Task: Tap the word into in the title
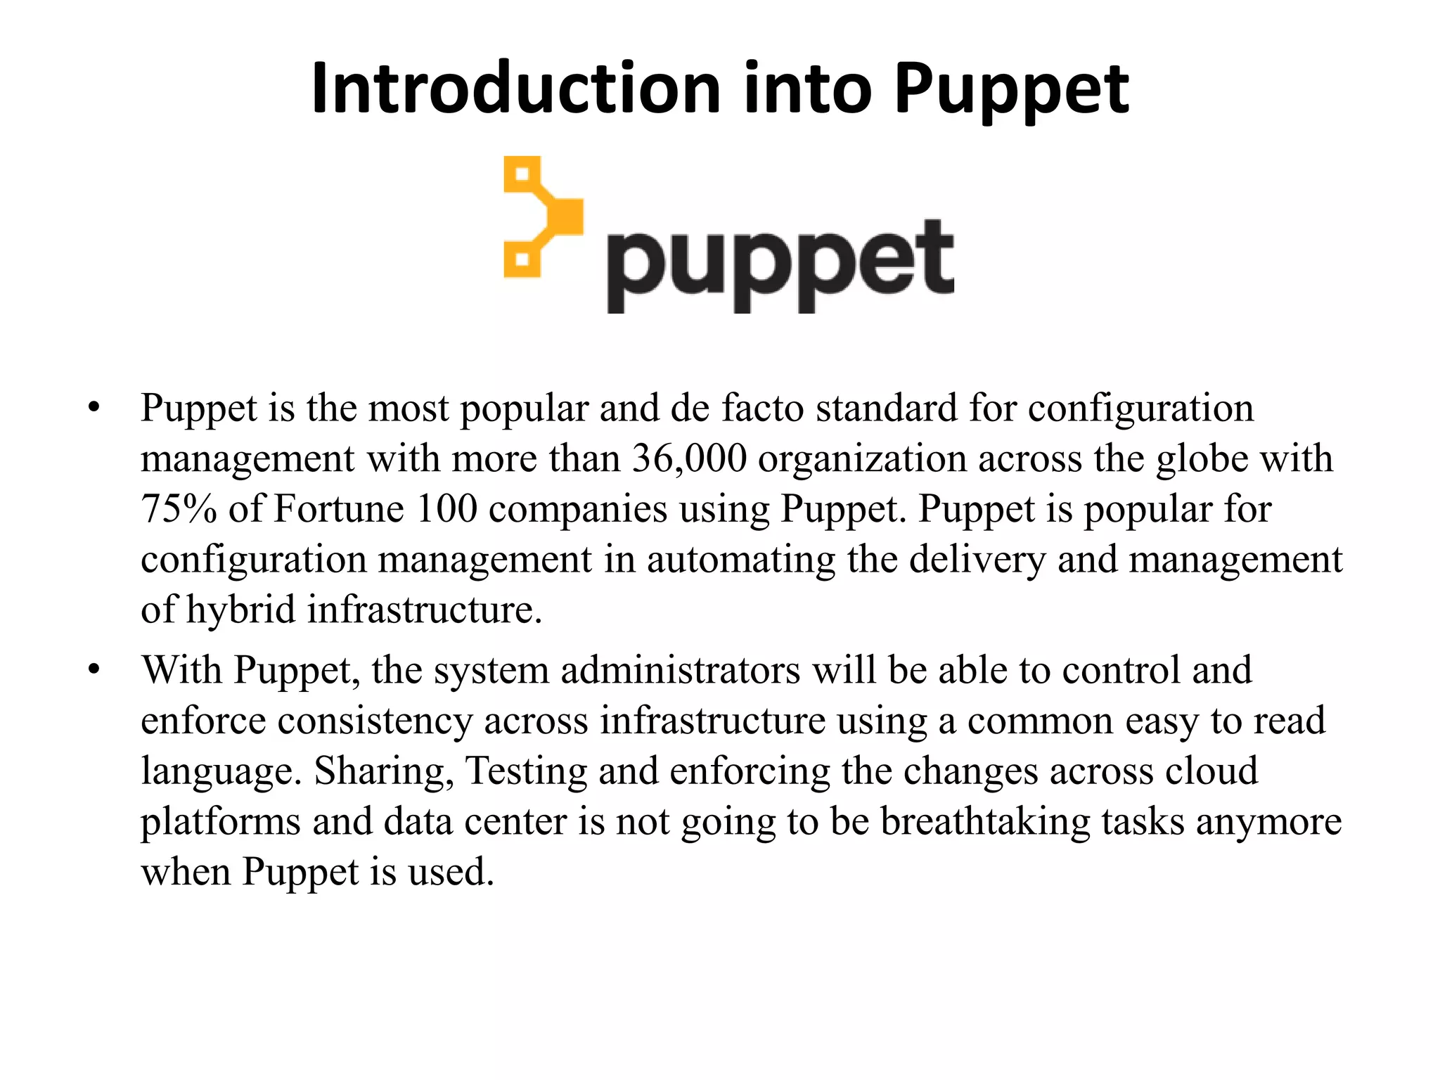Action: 807,89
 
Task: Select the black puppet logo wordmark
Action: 780,264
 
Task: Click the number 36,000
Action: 689,458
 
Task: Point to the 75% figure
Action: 179,509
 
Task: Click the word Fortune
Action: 339,509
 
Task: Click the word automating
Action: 741,560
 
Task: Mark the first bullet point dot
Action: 94,408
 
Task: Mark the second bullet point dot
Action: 94,670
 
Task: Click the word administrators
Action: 681,670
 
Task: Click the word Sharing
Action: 384,771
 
